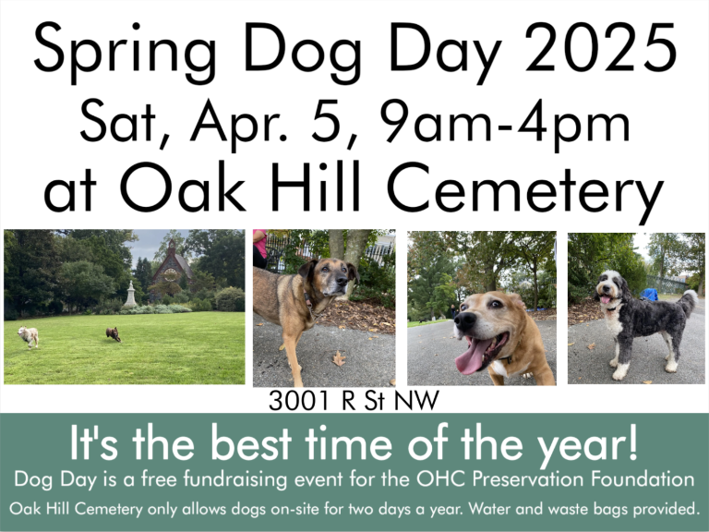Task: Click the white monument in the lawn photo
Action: pos(130,295)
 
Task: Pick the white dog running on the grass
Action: pos(29,336)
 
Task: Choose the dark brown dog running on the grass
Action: pos(113,333)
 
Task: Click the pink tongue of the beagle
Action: pos(470,357)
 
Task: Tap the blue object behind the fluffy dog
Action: pos(650,295)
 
